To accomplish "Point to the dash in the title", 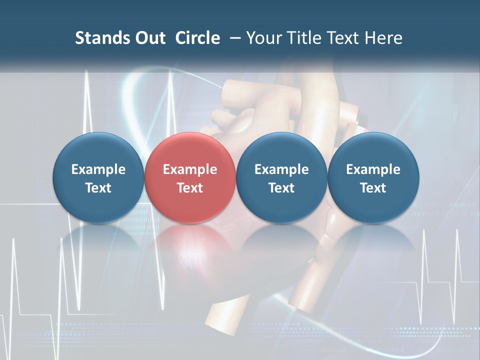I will (x=234, y=38).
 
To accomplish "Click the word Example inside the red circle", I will (x=190, y=169).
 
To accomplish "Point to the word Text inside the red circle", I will (x=190, y=188).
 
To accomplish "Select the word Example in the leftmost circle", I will (x=98, y=169).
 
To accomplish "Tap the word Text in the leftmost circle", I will (x=98, y=188).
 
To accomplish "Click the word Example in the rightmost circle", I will (x=373, y=169).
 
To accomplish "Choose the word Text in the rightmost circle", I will (x=373, y=188).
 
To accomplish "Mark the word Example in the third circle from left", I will (x=281, y=169).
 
